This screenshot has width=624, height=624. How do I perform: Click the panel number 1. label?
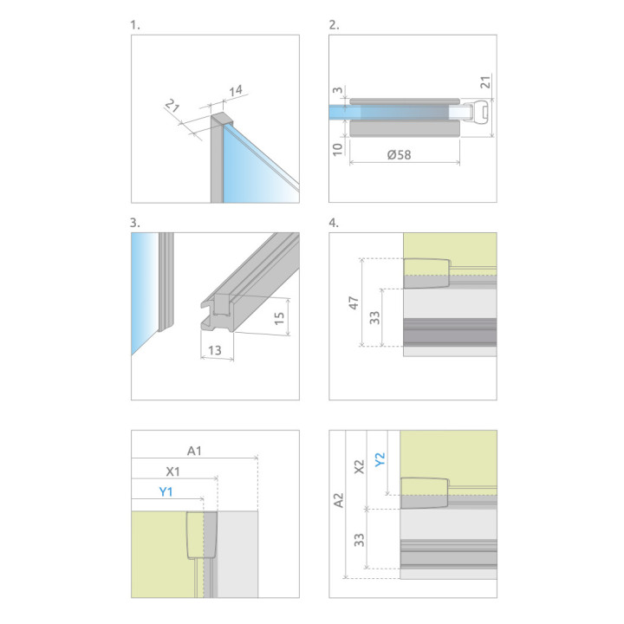[x=135, y=25]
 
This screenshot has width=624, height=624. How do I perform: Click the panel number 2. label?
[x=334, y=25]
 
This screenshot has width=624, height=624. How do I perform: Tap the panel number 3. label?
[x=135, y=223]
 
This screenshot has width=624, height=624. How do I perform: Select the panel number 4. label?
[x=334, y=223]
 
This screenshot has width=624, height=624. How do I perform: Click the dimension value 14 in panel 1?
[x=236, y=91]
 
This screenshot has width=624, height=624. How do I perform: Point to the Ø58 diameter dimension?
[x=400, y=154]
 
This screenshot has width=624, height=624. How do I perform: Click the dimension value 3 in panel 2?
[x=337, y=90]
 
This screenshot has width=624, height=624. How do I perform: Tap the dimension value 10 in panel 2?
[x=337, y=149]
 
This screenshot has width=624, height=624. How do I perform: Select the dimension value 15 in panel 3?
[x=279, y=318]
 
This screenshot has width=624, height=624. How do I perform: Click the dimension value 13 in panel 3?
[x=215, y=350]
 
